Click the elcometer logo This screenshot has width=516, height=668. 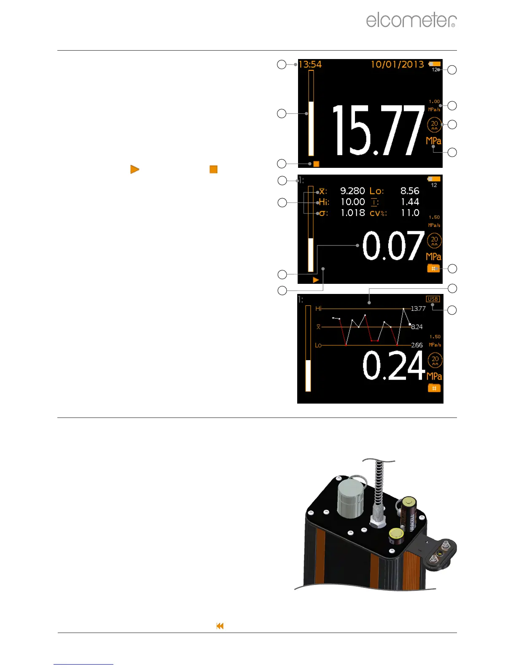(x=411, y=20)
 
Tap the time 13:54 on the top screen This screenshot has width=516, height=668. (x=310, y=65)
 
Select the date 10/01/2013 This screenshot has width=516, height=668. (x=397, y=64)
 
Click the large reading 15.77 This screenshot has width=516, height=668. (x=378, y=130)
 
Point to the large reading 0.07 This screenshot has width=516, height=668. (x=393, y=246)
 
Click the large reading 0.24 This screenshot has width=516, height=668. (x=393, y=366)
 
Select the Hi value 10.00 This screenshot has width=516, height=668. (x=353, y=202)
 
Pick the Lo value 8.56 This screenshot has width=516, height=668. (x=410, y=191)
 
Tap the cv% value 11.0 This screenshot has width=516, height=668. (x=410, y=213)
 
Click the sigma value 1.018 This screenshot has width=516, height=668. (x=353, y=213)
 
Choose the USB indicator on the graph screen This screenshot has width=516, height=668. (x=433, y=299)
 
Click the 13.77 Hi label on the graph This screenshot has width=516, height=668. (x=418, y=309)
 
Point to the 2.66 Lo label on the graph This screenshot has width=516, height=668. (x=417, y=345)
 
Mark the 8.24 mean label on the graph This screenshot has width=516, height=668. (x=417, y=327)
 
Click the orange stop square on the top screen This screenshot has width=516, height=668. (x=316, y=164)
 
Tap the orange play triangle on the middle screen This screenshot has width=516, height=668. (x=316, y=280)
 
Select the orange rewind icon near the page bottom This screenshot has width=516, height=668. (x=220, y=626)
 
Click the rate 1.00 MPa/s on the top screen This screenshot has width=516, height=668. (x=434, y=105)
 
